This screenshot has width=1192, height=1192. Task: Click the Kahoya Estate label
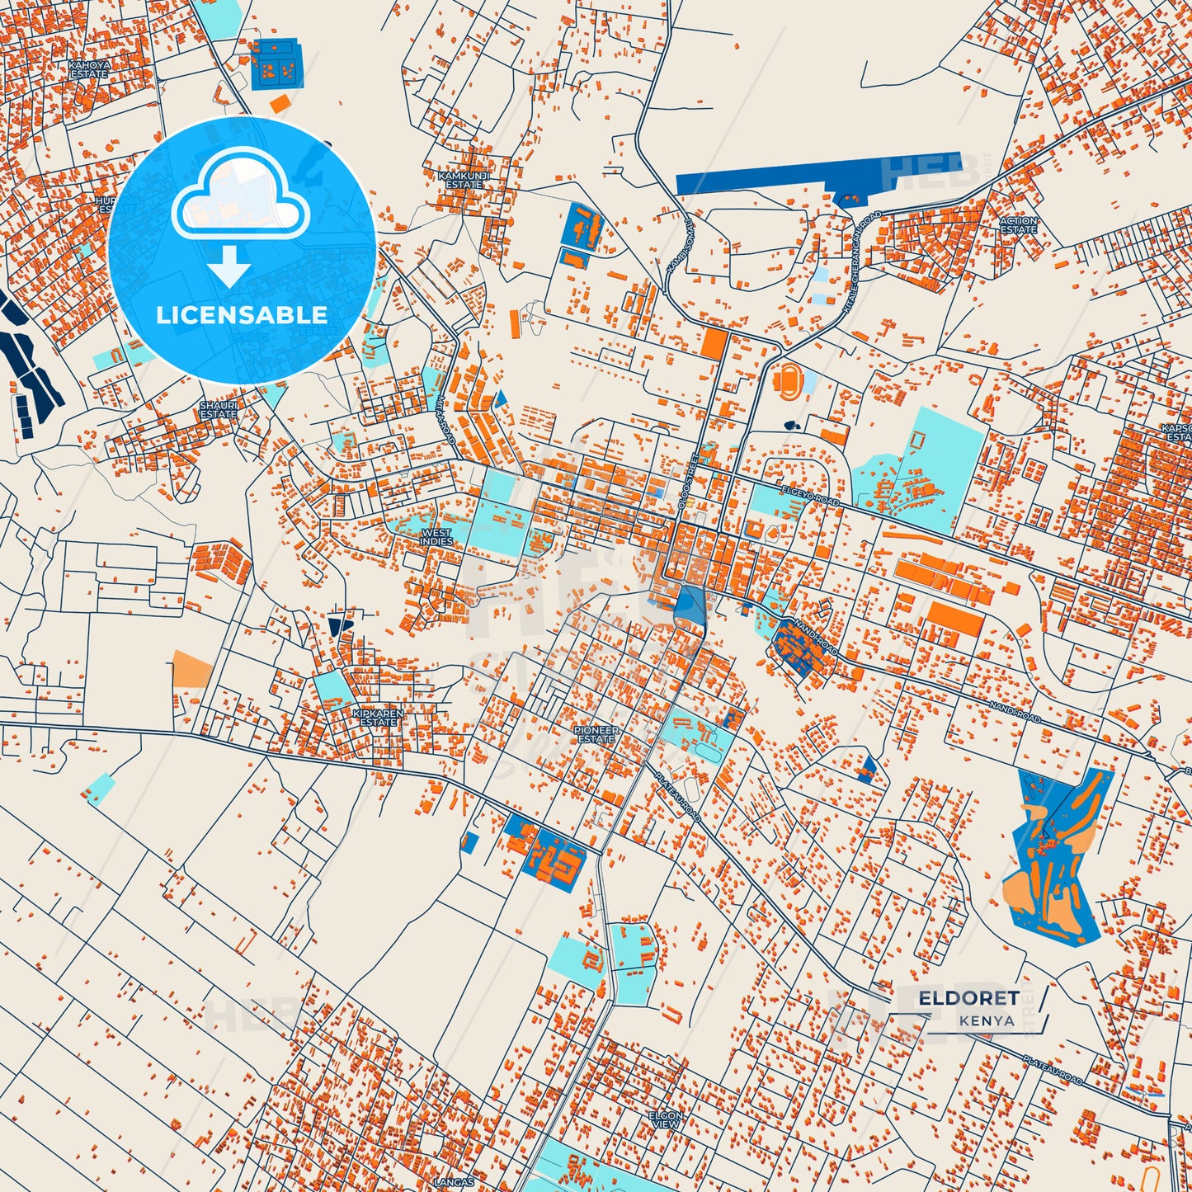[89, 69]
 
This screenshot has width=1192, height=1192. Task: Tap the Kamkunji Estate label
[464, 180]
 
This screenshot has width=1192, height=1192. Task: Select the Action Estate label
[1018, 225]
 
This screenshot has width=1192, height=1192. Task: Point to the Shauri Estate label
[219, 410]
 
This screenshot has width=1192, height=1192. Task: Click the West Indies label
[436, 537]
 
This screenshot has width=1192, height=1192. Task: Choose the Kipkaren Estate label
[378, 718]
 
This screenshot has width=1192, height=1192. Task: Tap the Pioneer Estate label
[596, 734]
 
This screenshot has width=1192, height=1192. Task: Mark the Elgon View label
[666, 1119]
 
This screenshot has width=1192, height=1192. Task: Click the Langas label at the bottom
[454, 1182]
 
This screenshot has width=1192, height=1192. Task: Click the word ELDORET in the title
[968, 998]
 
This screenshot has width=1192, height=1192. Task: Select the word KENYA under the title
[987, 1020]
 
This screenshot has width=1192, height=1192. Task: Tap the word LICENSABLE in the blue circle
[242, 314]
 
